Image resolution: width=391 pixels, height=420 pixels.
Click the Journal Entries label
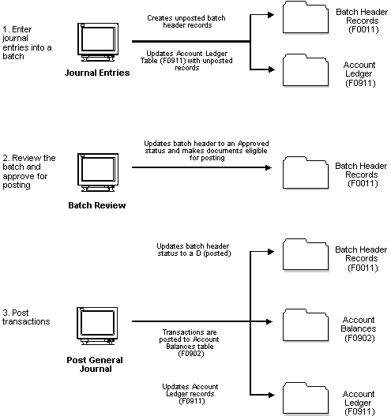(97, 73)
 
